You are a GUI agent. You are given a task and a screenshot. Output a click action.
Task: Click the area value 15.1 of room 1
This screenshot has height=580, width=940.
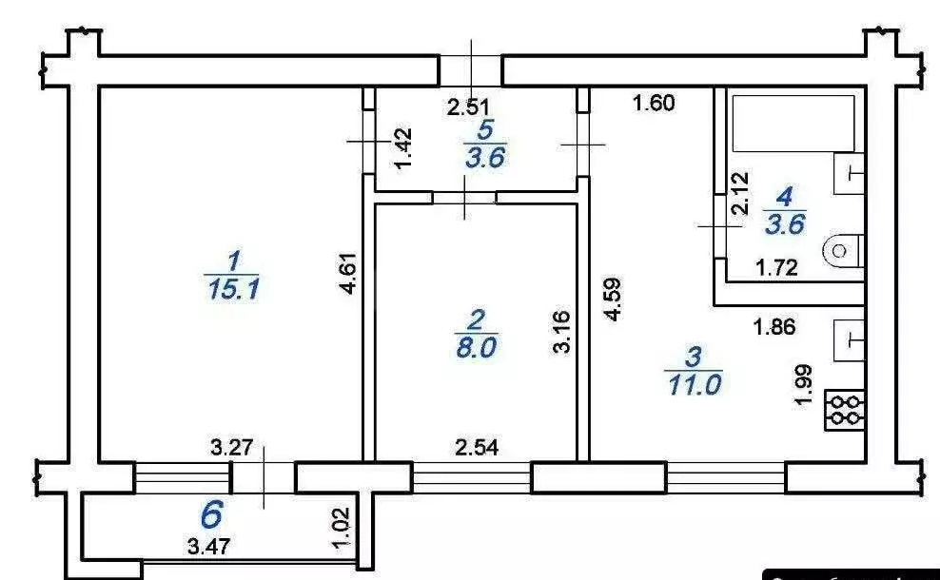231,288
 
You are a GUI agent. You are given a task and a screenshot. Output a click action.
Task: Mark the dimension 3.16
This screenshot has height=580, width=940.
562,331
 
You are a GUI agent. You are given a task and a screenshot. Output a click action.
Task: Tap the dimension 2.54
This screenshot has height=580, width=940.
477,445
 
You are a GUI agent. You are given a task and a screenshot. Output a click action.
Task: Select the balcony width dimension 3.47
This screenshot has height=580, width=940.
209,548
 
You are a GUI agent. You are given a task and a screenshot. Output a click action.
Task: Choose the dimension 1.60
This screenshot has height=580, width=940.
654,104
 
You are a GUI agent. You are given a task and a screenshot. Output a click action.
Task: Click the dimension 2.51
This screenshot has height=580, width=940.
469,107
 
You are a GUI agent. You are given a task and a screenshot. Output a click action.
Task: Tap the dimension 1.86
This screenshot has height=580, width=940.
774,328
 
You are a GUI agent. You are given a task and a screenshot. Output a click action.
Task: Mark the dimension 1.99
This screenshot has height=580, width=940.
804,384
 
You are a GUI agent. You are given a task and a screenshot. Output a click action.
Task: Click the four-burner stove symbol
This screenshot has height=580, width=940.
843,409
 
